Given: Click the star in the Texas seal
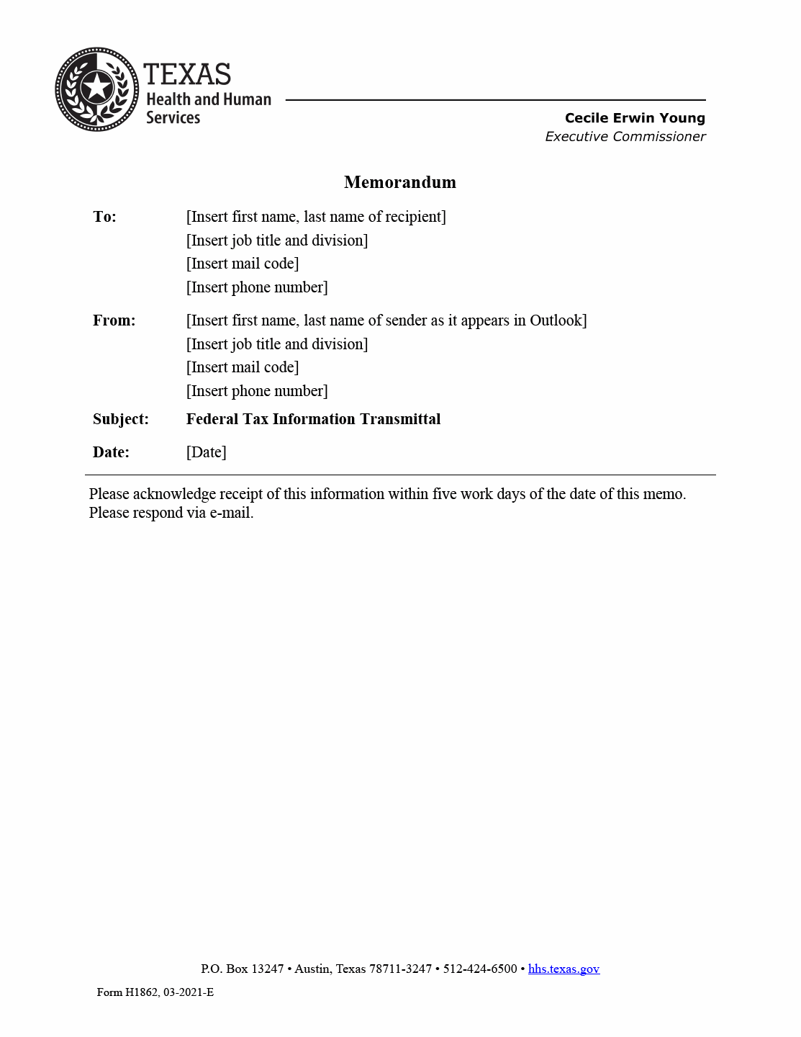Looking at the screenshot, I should [x=96, y=89].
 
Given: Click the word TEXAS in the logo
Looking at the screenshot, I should [x=187, y=74].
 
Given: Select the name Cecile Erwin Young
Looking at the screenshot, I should [x=634, y=118].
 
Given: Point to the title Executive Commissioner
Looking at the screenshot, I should [x=625, y=137].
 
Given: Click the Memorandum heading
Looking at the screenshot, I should [x=399, y=182].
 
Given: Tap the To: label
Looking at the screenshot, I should [x=104, y=217].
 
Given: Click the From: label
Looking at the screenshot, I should [x=114, y=320].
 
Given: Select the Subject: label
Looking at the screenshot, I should [x=120, y=419].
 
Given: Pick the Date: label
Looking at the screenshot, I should [x=111, y=452].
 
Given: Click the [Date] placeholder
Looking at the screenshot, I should [x=206, y=452].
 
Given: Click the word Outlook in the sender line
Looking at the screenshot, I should [x=557, y=320].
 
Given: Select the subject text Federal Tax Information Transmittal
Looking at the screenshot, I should [x=313, y=419].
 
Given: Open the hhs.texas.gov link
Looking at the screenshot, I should [x=564, y=969].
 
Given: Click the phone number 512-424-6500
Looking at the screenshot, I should [x=480, y=969].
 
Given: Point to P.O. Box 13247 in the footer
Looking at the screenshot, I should [x=242, y=969].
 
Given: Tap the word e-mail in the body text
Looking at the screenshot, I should [x=230, y=513].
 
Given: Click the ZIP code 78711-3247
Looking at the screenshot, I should [x=400, y=969].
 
